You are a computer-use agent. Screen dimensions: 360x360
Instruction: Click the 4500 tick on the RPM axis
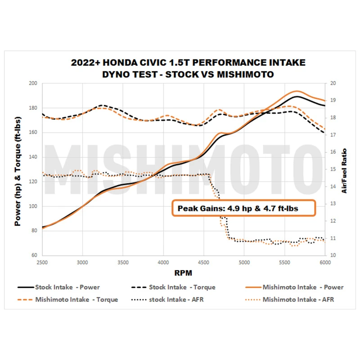pyautogui.click(x=203, y=262)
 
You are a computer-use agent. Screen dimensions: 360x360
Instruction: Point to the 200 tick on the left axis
pyautogui.click(x=33, y=83)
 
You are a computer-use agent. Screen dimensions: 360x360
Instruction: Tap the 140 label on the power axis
pyautogui.click(x=33, y=157)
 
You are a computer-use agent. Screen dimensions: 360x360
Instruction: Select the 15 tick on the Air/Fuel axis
pyautogui.click(x=333, y=169)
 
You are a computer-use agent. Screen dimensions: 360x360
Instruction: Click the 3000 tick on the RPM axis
pyautogui.click(x=82, y=262)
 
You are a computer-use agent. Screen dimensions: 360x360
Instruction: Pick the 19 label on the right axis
pyautogui.click(x=333, y=100)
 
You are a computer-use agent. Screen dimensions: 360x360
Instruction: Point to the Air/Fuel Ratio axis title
pyautogui.click(x=344, y=171)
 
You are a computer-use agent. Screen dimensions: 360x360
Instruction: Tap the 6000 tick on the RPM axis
pyautogui.click(x=325, y=262)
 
